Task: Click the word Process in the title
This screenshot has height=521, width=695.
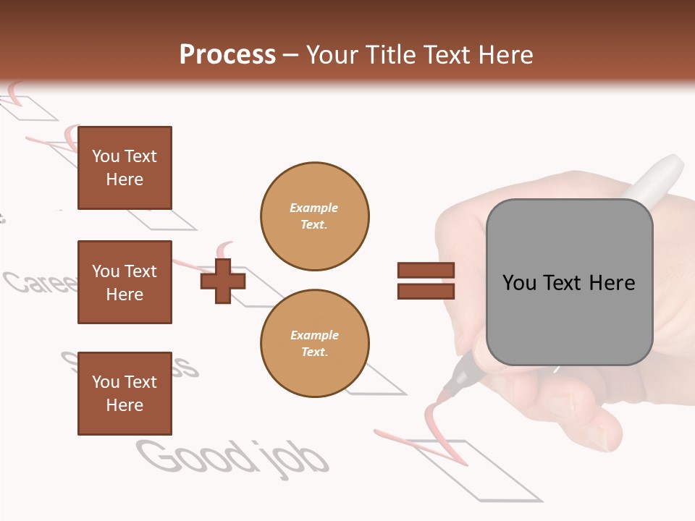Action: pos(227,55)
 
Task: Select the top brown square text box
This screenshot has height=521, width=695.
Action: pos(125,168)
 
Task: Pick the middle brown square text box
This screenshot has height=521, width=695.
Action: pos(125,282)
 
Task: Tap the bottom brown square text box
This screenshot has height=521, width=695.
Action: pos(125,394)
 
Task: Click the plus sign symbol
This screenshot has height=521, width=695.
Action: pos(223,281)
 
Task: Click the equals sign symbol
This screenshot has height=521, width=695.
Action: pos(426,281)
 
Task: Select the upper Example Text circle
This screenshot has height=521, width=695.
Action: pos(314,216)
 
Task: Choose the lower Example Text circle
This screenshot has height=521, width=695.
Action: pos(314,344)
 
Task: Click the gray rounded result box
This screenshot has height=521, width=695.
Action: pos(569,282)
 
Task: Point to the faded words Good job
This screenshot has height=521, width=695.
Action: pos(232,457)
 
